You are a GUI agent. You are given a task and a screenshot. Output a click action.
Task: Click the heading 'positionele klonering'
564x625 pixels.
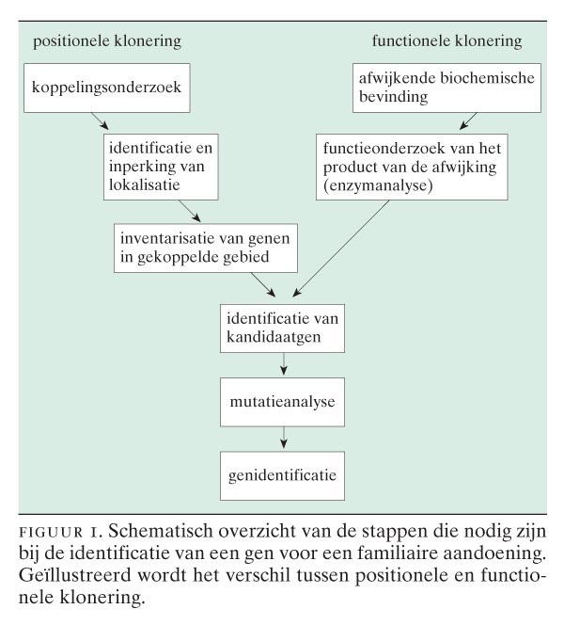107,41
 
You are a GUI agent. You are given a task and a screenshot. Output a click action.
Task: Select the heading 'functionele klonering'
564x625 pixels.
446,41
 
